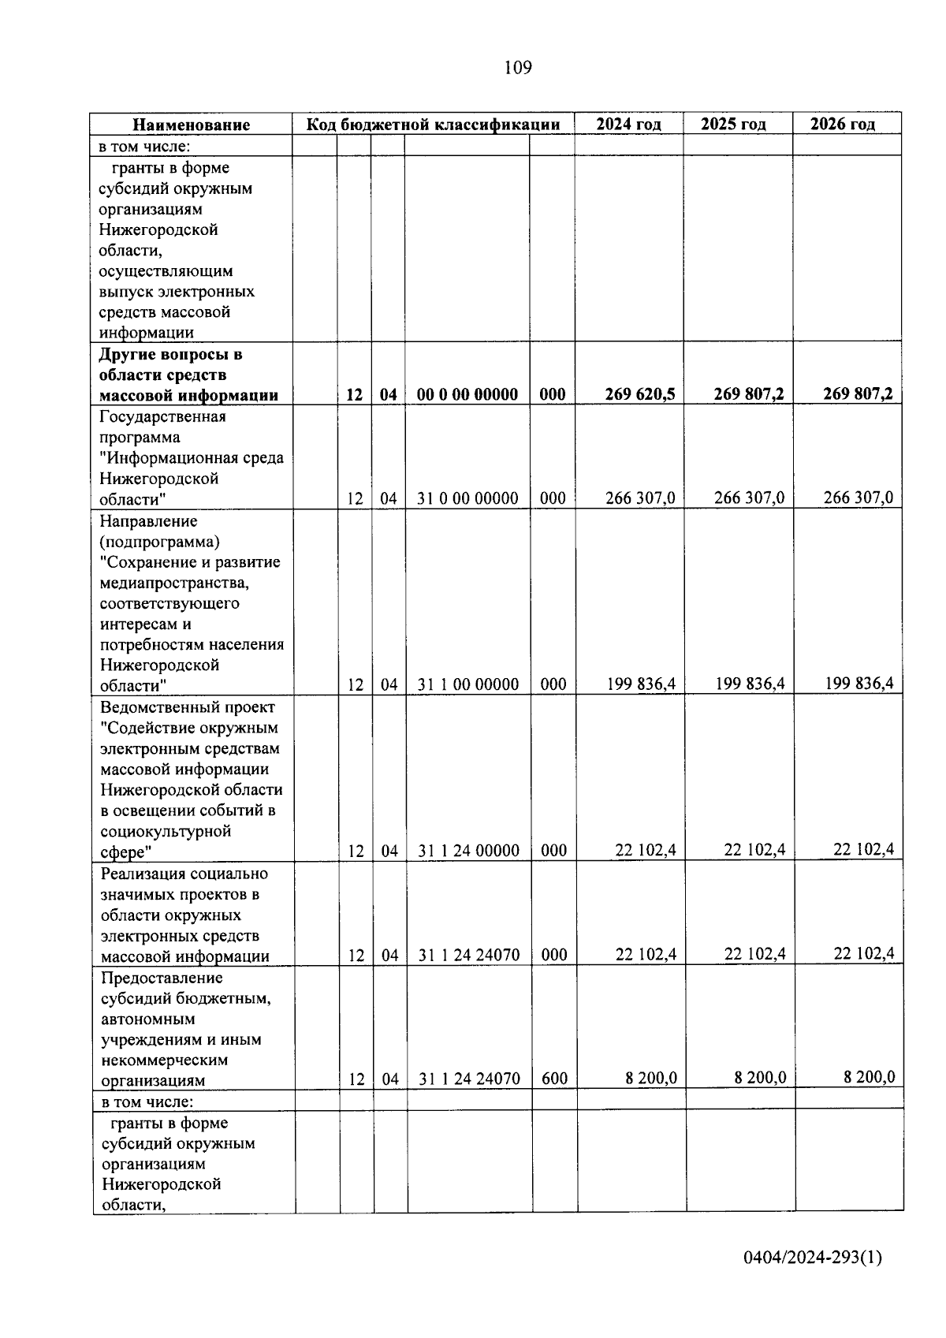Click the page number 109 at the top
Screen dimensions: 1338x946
coord(518,68)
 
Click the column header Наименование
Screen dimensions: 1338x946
coord(191,125)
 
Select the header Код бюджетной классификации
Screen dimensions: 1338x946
coord(433,125)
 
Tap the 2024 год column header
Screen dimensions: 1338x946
coord(628,124)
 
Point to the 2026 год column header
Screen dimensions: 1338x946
coord(843,124)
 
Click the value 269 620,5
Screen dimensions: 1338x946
coord(640,394)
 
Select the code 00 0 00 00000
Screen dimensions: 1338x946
coord(467,394)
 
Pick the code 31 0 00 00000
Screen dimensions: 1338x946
coord(467,498)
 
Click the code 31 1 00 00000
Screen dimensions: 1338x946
coord(468,684)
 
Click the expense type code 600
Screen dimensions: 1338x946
coord(554,1079)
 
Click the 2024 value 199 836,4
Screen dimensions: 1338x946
coord(641,684)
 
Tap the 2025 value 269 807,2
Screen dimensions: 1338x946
coord(749,394)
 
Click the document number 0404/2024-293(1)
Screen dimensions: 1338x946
coord(812,1257)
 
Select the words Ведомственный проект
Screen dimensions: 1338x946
coord(188,707)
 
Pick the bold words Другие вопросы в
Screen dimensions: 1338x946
coord(170,354)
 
